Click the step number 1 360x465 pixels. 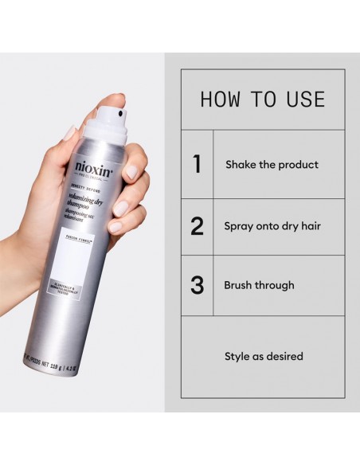(197, 165)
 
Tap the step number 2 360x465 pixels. (197, 226)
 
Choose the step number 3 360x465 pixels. (197, 285)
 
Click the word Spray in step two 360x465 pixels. (240, 226)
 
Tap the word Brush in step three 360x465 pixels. (241, 285)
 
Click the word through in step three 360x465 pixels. (277, 285)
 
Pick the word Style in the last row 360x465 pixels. (236, 357)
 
